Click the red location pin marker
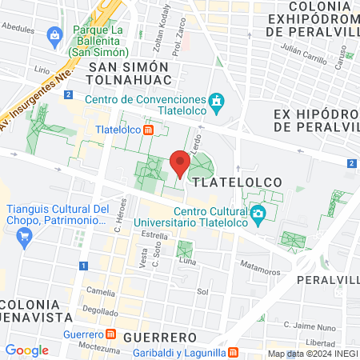point(180,164)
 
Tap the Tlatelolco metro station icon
point(148,130)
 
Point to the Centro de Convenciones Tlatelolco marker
point(215,102)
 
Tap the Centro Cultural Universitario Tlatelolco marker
point(258,214)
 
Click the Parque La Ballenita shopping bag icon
point(54,35)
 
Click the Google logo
point(26,350)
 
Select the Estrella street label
point(153,236)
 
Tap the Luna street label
point(187,261)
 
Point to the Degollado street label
point(99,311)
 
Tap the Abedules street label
point(18,26)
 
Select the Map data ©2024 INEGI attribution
point(312,354)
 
